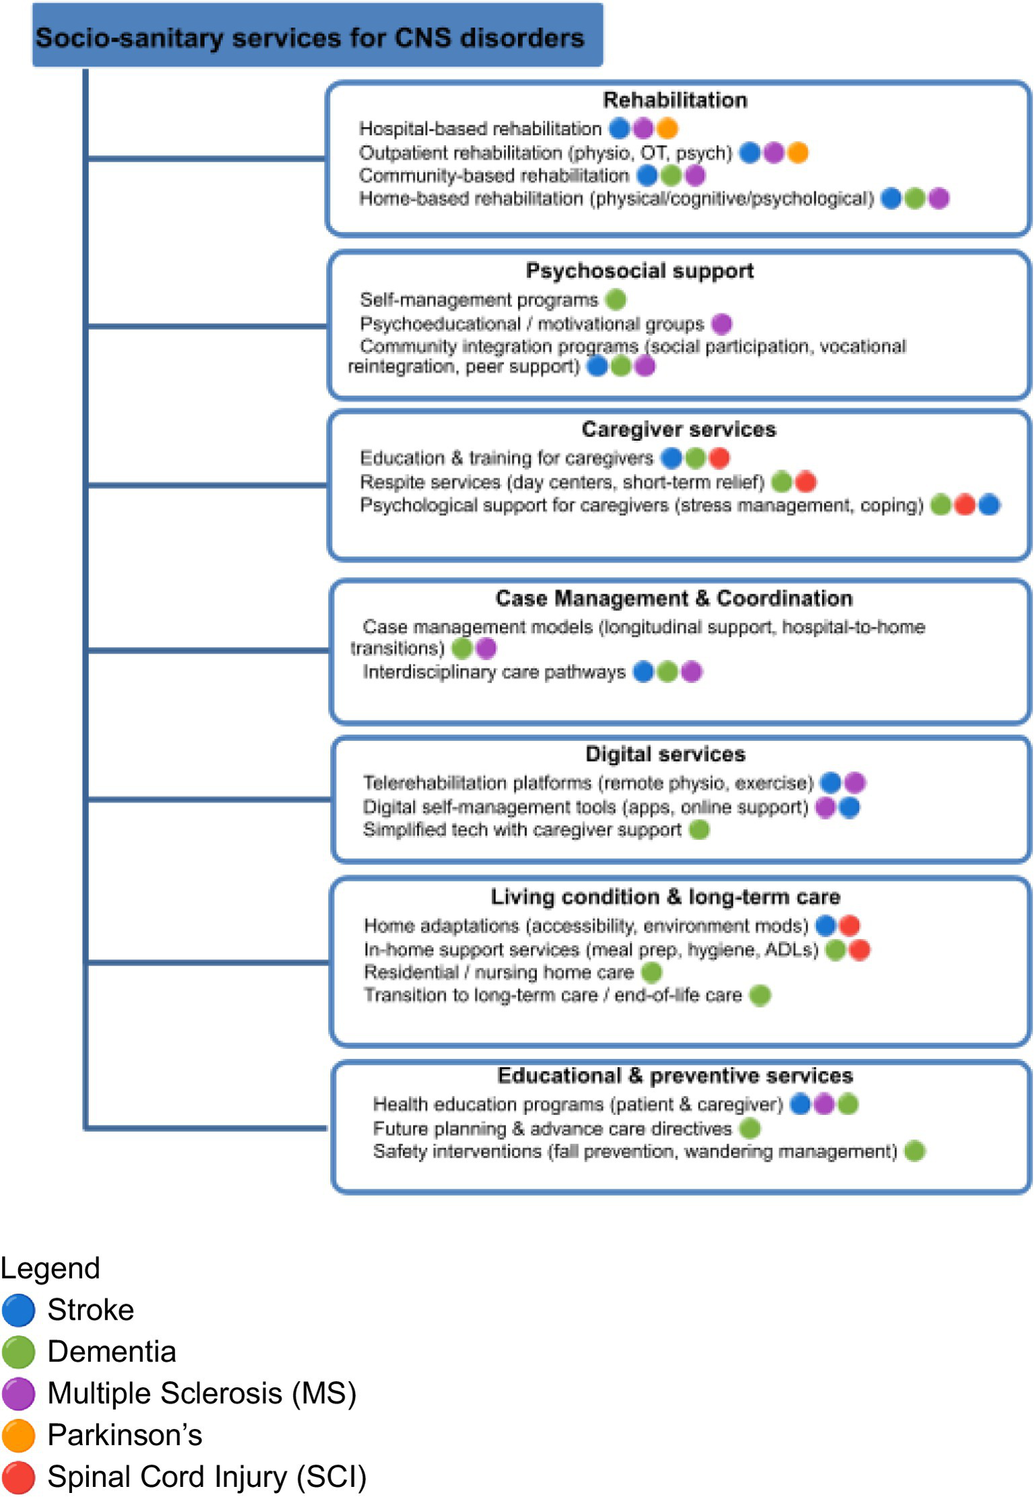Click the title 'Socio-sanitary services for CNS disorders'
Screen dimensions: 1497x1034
point(309,38)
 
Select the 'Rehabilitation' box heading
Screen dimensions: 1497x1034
point(674,100)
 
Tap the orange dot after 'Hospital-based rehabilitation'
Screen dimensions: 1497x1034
point(667,128)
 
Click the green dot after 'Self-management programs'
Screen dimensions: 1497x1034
point(616,299)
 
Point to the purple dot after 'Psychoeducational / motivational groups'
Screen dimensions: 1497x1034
point(721,324)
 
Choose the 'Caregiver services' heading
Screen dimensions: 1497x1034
point(678,429)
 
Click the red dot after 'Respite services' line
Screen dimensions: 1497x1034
point(806,482)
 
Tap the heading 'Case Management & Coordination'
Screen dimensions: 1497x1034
point(674,598)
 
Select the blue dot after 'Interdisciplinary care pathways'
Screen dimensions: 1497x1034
point(643,672)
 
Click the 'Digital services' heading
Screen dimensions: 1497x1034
point(665,754)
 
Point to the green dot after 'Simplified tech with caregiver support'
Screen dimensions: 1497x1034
point(699,829)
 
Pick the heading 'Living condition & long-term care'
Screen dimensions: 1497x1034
point(665,897)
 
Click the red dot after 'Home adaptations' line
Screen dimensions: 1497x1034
point(849,926)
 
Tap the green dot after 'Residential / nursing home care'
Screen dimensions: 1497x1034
point(651,972)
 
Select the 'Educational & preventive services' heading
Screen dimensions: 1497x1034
point(674,1075)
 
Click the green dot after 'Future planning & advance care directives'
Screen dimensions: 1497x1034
point(750,1128)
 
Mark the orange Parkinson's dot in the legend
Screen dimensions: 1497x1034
point(18,1435)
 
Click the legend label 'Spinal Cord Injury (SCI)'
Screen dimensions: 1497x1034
point(207,1476)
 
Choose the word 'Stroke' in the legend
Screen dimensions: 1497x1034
point(90,1310)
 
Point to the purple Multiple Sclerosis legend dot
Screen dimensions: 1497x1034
point(18,1393)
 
